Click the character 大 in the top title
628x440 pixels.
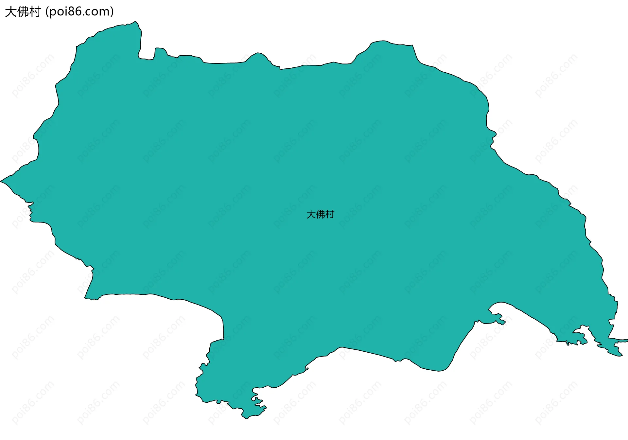click(x=10, y=12)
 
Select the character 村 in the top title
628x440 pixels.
click(x=35, y=12)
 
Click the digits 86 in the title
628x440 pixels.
click(x=75, y=12)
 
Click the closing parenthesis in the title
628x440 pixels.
click(x=112, y=12)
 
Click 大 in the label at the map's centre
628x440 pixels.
click(x=311, y=215)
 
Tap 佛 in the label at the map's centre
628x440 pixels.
click(x=320, y=215)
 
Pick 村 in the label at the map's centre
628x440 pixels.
click(x=330, y=215)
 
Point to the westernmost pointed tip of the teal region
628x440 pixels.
click(x=1, y=181)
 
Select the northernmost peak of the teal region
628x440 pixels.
click(x=135, y=22)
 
